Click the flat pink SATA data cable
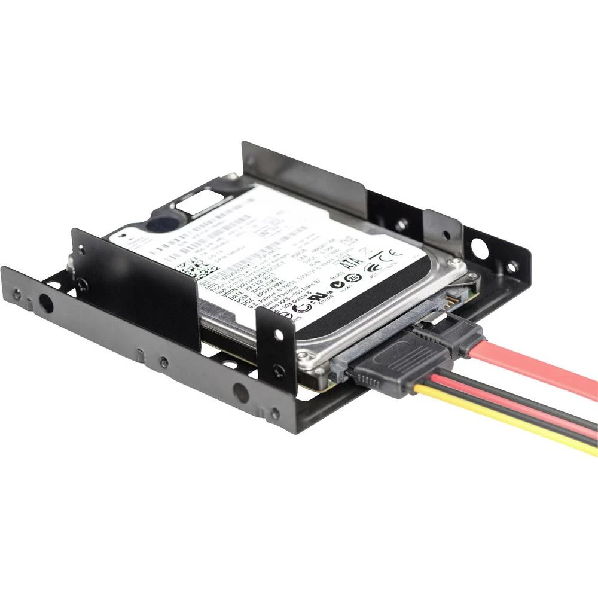[x=538, y=374]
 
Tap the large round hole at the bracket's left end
[x=45, y=304]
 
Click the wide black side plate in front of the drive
[x=135, y=287]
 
